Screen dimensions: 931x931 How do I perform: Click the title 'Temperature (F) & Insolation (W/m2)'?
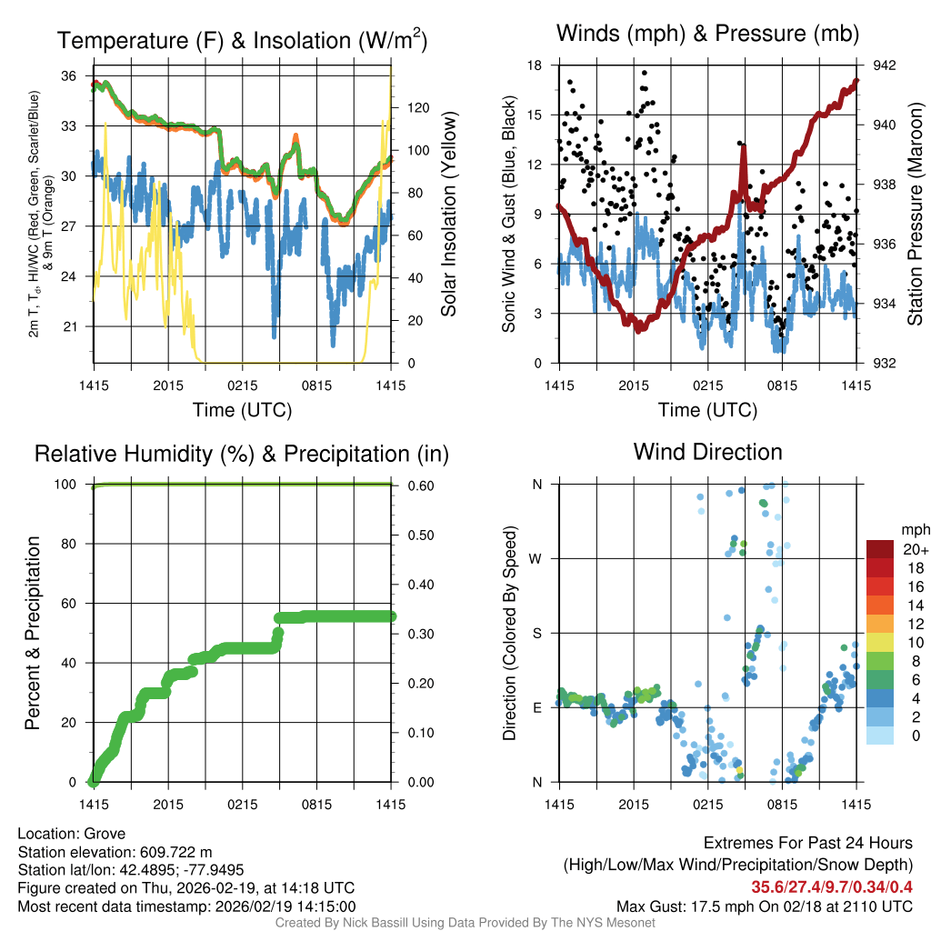coord(242,40)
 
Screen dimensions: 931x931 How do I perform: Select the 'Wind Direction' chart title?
coord(707,452)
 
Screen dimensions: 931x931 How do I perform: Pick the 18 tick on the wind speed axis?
coord(535,65)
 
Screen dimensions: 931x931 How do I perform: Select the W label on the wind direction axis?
coord(536,558)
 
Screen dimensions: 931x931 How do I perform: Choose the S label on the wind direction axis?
coord(536,633)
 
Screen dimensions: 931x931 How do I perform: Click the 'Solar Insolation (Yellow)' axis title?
coord(448,215)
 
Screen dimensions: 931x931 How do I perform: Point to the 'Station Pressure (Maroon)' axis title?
coord(916,215)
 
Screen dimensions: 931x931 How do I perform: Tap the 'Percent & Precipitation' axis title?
coord(32,633)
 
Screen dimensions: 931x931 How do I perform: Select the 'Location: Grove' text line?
coord(72,834)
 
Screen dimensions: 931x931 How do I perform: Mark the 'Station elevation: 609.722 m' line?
coord(115,852)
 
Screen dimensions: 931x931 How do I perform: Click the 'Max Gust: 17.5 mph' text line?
coord(764,906)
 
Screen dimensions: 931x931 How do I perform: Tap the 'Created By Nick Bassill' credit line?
coord(465,923)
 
